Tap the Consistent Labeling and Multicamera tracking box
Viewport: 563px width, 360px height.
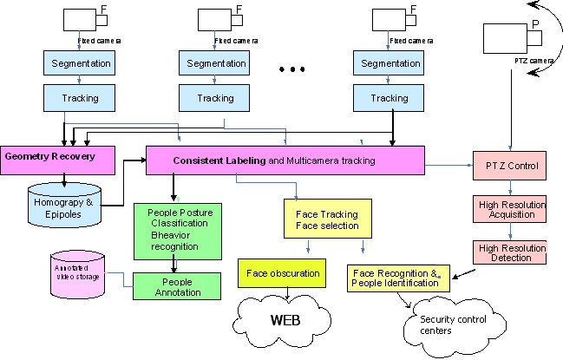click(x=285, y=160)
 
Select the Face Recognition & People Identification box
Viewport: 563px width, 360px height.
click(x=398, y=278)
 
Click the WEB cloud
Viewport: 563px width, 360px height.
click(x=285, y=320)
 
